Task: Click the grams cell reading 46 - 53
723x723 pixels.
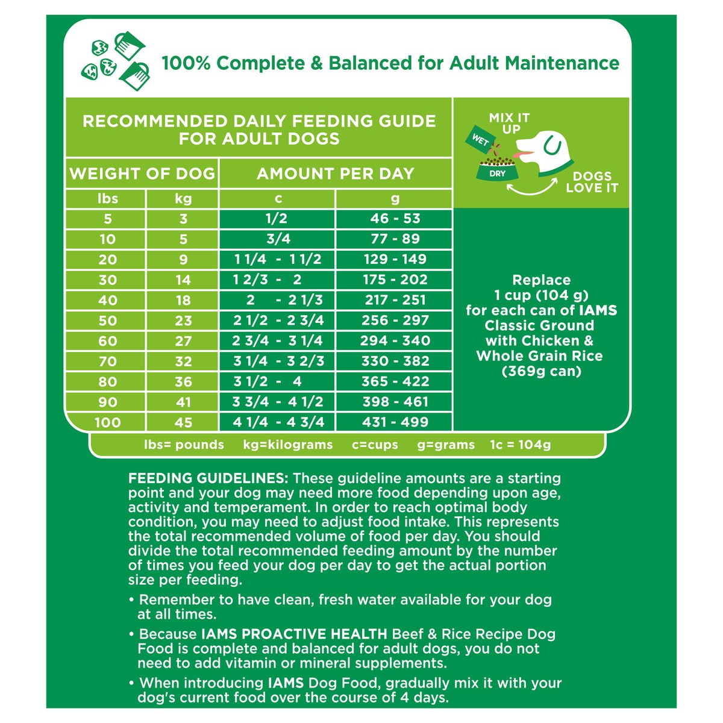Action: (x=395, y=219)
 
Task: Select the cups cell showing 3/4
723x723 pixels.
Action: (x=278, y=239)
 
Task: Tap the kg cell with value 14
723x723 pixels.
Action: (x=183, y=280)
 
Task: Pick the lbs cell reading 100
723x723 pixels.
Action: (x=107, y=422)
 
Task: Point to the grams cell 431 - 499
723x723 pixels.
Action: (x=395, y=422)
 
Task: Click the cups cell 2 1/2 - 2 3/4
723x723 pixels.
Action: (x=278, y=321)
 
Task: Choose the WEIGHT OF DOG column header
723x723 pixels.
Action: (x=142, y=174)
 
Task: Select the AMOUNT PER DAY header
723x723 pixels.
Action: (x=336, y=174)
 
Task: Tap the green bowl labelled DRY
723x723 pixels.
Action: (x=497, y=171)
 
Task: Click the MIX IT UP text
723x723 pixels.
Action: (x=510, y=123)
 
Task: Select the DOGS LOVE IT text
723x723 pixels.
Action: (x=592, y=182)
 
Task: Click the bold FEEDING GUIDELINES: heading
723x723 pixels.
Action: (x=208, y=478)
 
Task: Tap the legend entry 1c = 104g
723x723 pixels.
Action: (x=521, y=445)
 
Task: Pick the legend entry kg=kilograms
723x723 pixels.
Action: (x=288, y=445)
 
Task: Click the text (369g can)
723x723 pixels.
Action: (x=541, y=371)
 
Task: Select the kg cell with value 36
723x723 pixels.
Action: (x=183, y=382)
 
